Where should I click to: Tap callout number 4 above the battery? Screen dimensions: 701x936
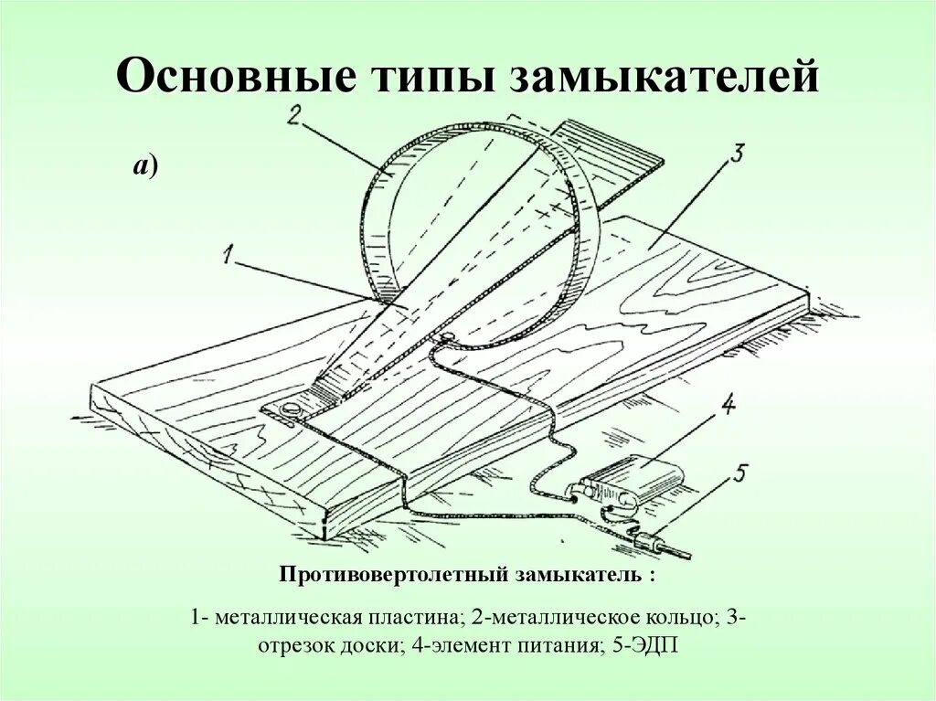coord(729,406)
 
